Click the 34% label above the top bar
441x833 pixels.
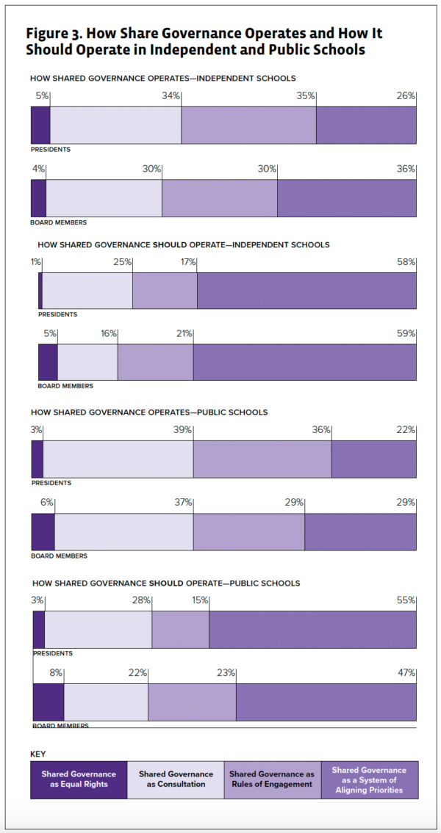[x=171, y=95]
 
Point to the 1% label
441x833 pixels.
[x=36, y=262]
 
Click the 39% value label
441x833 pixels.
[x=183, y=429]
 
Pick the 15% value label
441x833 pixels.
[x=199, y=600]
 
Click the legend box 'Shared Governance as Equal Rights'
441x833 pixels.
[x=79, y=779]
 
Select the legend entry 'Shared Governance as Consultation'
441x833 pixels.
[x=176, y=779]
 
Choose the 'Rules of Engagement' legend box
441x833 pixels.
[x=272, y=779]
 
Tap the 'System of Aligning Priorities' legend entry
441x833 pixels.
[x=369, y=779]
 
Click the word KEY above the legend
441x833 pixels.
[x=38, y=754]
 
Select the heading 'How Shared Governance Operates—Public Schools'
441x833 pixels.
[x=148, y=412]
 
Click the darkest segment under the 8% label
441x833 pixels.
[x=49, y=702]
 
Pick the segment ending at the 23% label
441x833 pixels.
[x=192, y=702]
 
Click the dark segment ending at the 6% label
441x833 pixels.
[x=43, y=531]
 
